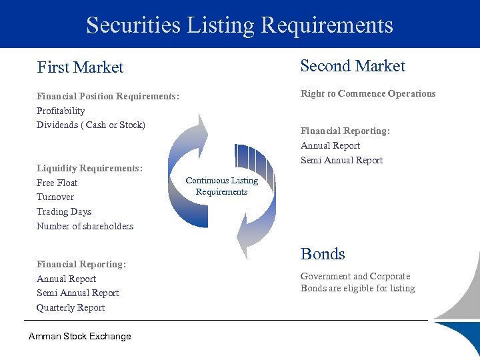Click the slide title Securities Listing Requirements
[x=239, y=25]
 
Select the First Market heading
[x=80, y=67]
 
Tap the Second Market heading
[x=353, y=66]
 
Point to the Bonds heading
[x=323, y=254]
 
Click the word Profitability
[x=61, y=111]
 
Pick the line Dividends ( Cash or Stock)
[x=91, y=125]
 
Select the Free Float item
[x=57, y=183]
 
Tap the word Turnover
[x=55, y=197]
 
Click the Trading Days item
[x=64, y=212]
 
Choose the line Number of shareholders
[x=85, y=227]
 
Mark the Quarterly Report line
[x=71, y=308]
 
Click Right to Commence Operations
[x=368, y=94]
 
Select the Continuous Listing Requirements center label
[x=221, y=186]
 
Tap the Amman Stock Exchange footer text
[x=80, y=337]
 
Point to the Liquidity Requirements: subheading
[x=89, y=169]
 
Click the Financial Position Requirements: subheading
[x=108, y=97]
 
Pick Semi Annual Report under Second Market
[x=341, y=161]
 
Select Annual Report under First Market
[x=66, y=279]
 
